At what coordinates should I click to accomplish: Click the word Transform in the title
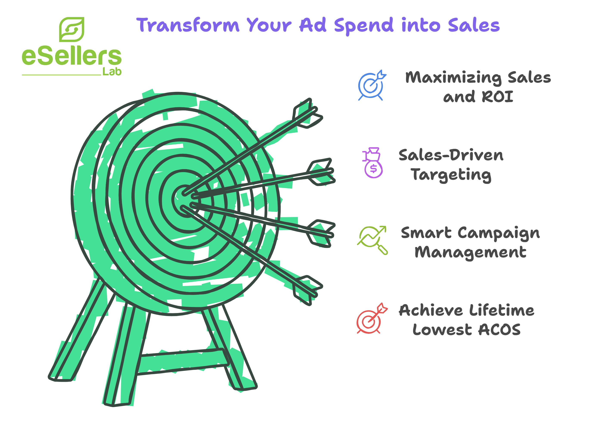188,25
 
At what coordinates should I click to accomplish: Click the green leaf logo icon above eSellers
72,30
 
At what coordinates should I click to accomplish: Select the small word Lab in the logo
112,71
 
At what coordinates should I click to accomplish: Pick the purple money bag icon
373,163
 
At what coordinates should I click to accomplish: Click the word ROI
498,97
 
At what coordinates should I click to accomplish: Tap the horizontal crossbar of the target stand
182,362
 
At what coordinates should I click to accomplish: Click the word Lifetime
502,311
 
